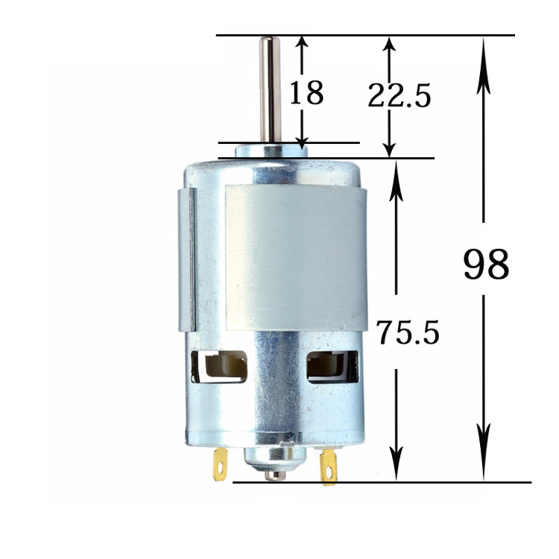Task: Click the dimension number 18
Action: (x=306, y=92)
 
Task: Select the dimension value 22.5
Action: (x=399, y=95)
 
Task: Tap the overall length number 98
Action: (x=486, y=264)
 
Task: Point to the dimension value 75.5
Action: (x=408, y=332)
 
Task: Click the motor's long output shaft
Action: (x=270, y=89)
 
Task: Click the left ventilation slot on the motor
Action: (x=219, y=367)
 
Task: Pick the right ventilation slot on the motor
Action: (x=332, y=367)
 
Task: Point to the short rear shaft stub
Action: (x=275, y=476)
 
